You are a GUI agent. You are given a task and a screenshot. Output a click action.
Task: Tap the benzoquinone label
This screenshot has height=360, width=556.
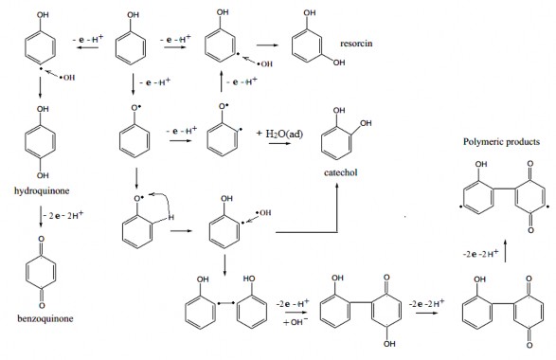(44, 335)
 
